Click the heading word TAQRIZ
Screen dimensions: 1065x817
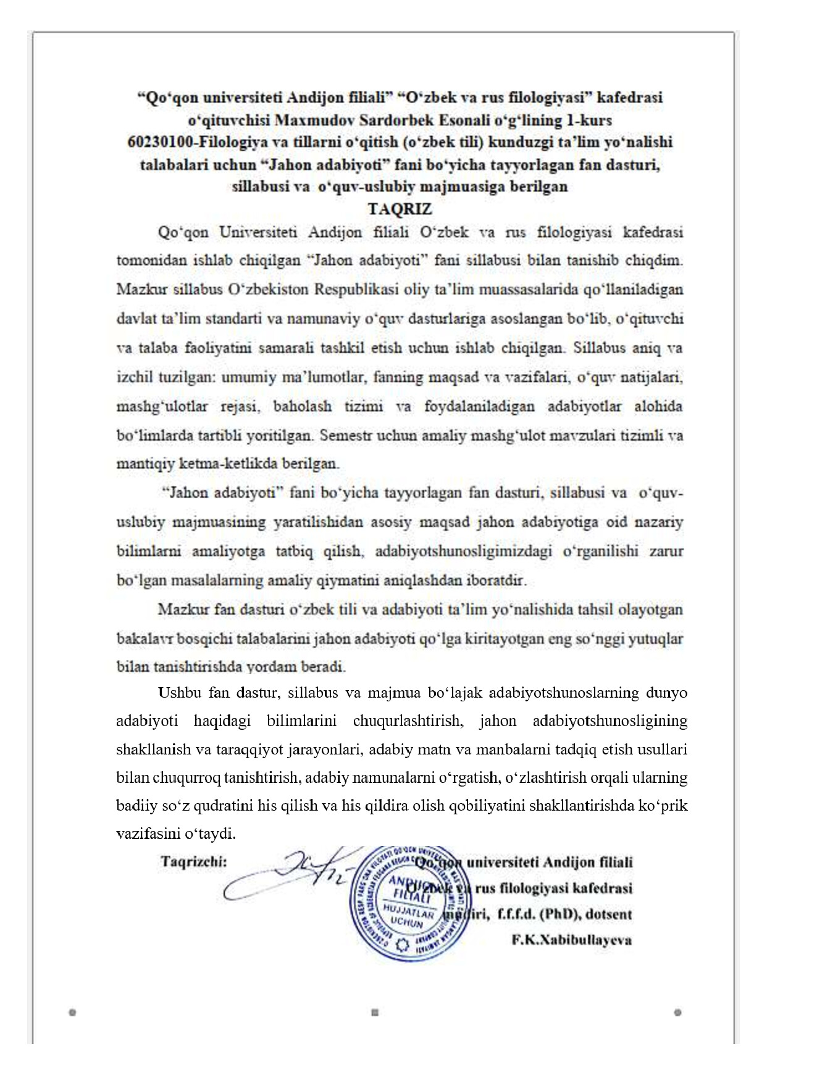click(400, 209)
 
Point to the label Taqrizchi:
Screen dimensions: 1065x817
click(193, 861)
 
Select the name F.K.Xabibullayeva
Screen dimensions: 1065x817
click(571, 940)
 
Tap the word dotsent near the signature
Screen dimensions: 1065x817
click(608, 914)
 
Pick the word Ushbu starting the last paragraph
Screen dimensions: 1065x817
click(179, 692)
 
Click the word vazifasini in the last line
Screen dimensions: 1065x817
click(145, 834)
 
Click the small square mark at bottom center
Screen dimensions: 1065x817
click(374, 1013)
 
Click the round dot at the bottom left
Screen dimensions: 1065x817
click(72, 1013)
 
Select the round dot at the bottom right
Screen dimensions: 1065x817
click(677, 1013)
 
